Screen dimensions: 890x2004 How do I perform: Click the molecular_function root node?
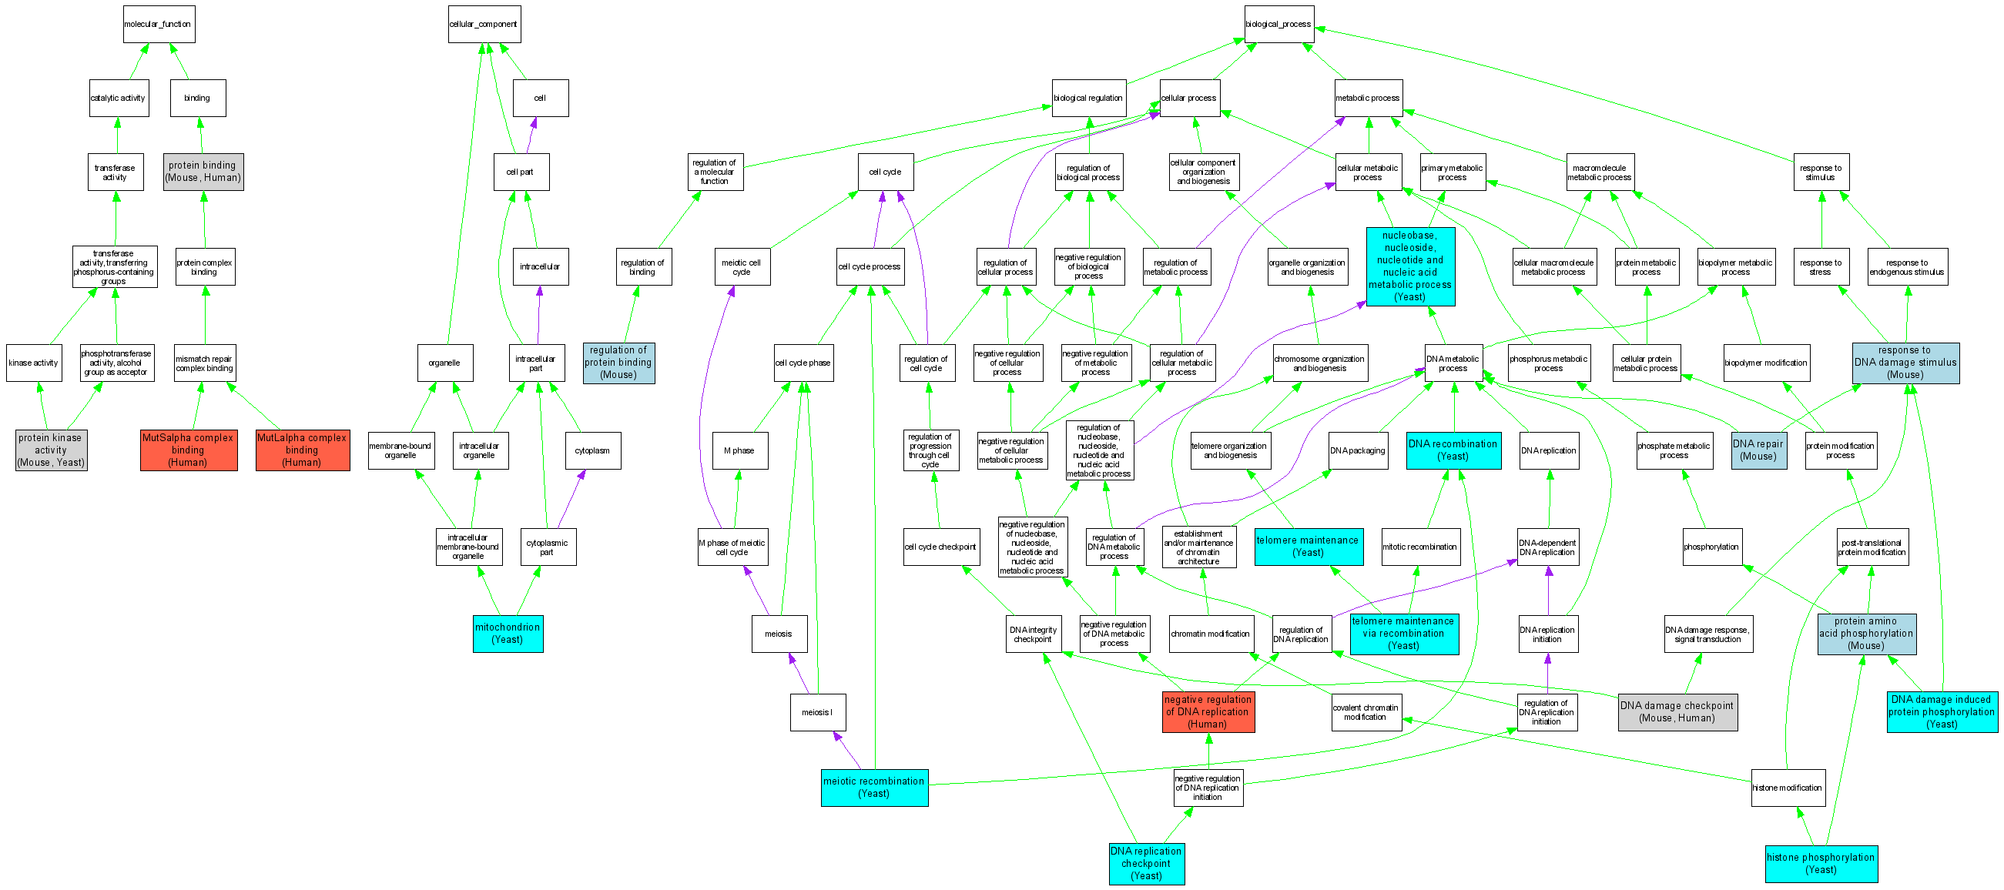click(158, 24)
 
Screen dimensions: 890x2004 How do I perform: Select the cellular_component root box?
click(484, 24)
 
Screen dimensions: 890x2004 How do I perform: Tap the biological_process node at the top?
click(1279, 24)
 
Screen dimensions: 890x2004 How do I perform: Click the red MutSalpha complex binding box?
click(188, 450)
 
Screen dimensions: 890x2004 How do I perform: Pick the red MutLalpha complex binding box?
click(302, 450)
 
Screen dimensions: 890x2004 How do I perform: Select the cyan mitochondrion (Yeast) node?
click(508, 634)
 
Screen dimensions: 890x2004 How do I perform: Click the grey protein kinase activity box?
click(51, 450)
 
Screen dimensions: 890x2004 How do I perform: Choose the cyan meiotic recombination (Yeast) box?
click(873, 788)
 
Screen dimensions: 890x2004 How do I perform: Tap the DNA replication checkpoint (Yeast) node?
click(1146, 864)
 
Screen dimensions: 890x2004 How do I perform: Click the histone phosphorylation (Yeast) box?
click(1821, 864)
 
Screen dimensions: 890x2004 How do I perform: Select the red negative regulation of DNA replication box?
click(1208, 712)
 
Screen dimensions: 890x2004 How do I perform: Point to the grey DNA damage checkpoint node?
click(1677, 712)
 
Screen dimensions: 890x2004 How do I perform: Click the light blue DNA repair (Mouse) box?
click(1758, 450)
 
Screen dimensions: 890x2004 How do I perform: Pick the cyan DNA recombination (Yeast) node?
click(1453, 450)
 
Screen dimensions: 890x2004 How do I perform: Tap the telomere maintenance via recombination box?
click(1403, 634)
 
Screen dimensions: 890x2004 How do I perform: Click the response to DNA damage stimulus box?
click(1905, 363)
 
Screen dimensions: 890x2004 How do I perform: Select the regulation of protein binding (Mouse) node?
click(618, 363)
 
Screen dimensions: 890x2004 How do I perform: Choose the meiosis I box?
click(817, 712)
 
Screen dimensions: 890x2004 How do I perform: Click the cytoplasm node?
click(592, 450)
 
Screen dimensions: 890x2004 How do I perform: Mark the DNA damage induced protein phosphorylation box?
click(1941, 712)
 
